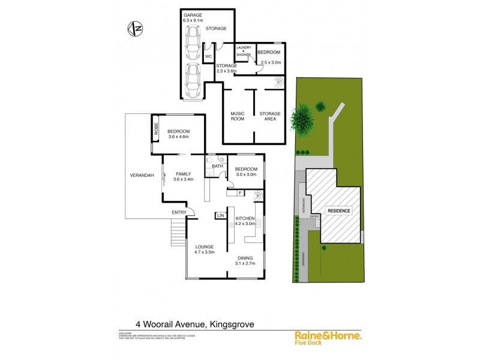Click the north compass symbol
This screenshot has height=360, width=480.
tap(136, 27)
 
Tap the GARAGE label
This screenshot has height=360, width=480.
tap(193, 14)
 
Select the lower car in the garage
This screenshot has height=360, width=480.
tap(193, 80)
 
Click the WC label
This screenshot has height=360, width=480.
tap(209, 56)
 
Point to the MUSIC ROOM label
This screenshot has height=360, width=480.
tap(238, 116)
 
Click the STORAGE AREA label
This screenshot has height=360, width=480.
tap(269, 116)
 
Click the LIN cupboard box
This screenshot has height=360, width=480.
tap(220, 215)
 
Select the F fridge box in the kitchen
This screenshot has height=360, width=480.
tap(239, 193)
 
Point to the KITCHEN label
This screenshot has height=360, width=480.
tap(245, 218)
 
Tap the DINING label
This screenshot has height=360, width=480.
tap(245, 257)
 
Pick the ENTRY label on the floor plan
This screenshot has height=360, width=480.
tap(179, 212)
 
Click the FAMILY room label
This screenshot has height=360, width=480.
tap(183, 173)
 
